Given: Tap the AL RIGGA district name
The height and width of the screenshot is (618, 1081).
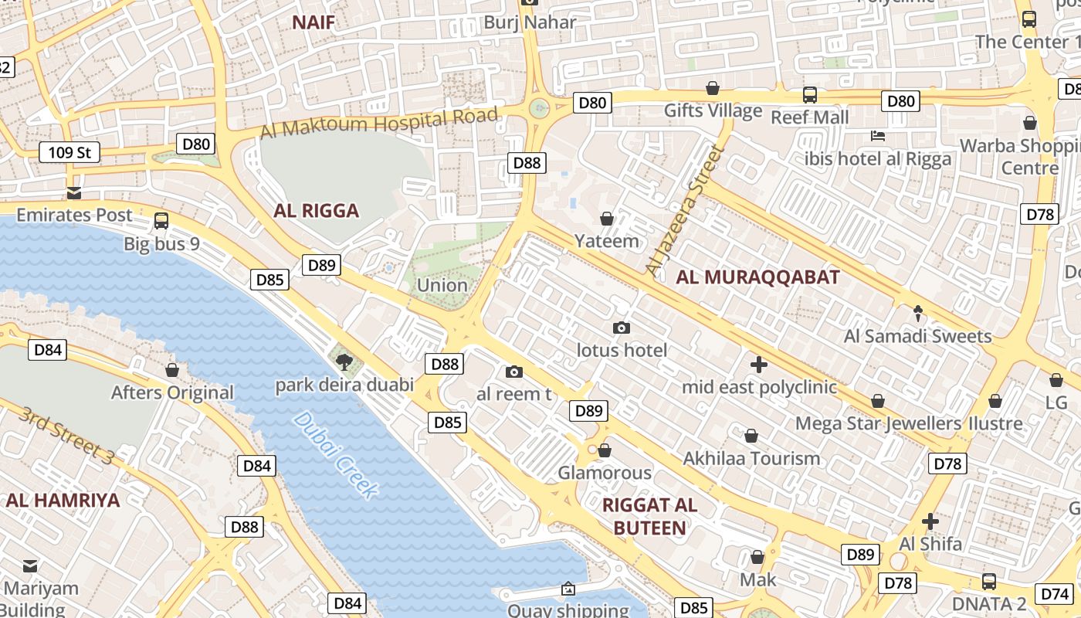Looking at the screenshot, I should click(317, 211).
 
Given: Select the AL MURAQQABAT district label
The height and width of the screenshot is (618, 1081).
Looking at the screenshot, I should click(757, 278).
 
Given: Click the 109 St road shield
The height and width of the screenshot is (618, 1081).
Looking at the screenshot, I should click(69, 152).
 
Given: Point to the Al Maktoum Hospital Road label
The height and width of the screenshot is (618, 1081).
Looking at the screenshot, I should click(379, 124).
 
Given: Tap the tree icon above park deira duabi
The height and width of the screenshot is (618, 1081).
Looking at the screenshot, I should click(344, 361).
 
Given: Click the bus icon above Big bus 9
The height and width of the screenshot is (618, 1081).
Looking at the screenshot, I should click(161, 220).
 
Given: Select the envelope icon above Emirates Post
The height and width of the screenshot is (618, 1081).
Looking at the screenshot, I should click(74, 192).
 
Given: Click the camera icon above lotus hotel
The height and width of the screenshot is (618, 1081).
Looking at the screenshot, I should click(621, 328).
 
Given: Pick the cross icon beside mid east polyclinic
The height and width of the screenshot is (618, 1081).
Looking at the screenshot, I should click(759, 364).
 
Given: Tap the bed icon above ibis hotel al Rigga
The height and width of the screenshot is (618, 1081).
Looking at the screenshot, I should click(878, 136).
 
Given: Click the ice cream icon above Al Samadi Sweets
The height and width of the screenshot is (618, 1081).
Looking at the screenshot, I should click(917, 313).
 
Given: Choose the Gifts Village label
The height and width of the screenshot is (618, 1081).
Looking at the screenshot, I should click(713, 111).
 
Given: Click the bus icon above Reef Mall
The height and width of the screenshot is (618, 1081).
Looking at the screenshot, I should click(809, 95).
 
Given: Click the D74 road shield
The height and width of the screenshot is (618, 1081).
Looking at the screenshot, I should click(1055, 594).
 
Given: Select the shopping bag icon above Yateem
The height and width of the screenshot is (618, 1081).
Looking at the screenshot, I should click(607, 219).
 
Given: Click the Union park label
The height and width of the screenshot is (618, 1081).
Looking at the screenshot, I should click(442, 285).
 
